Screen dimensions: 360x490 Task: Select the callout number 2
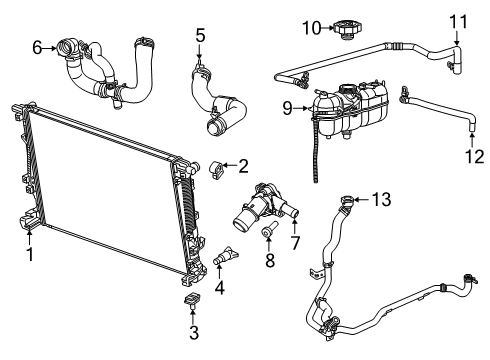point(243,165)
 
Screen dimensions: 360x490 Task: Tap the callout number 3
point(194,332)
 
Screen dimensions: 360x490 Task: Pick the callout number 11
point(457,20)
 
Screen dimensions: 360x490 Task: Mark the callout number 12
point(471,156)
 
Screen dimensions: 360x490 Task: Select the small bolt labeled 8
point(268,233)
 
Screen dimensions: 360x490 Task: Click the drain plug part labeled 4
point(222,257)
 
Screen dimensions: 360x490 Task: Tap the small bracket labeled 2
point(216,166)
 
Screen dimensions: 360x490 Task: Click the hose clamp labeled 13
point(346,201)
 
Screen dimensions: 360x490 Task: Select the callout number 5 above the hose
point(200,38)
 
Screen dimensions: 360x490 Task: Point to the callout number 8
point(268,262)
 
